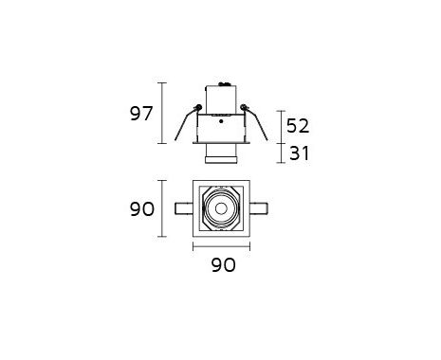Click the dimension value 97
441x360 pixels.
141,114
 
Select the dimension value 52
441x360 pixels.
298,126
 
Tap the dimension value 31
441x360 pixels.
299,153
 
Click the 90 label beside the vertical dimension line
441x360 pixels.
142,209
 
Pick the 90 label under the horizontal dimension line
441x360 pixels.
223,265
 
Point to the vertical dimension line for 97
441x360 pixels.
162,113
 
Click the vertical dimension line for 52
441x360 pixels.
281,127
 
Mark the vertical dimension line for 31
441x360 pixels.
281,153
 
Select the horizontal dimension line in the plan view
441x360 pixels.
221,246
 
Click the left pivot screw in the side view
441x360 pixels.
199,107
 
